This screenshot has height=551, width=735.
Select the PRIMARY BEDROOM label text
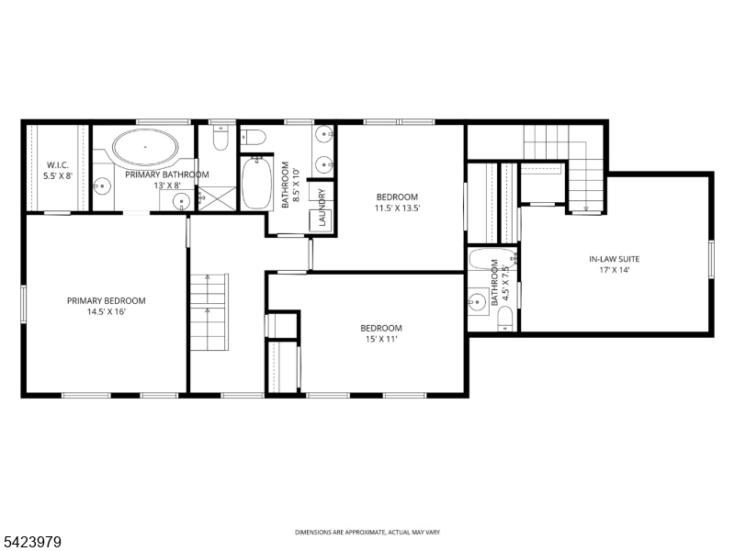(x=106, y=300)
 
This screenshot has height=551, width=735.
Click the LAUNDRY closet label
(x=322, y=207)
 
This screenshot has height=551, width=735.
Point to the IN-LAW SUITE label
(x=616, y=259)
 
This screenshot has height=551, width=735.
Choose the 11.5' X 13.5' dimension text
(x=397, y=208)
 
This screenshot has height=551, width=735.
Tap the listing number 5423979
(x=32, y=543)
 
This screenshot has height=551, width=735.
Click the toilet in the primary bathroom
(x=220, y=139)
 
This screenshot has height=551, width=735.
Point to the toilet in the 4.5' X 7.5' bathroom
(x=504, y=319)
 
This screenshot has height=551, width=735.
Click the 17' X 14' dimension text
(x=616, y=270)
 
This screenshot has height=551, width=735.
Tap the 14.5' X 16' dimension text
(x=106, y=311)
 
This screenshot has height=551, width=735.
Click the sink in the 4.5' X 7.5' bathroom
(x=477, y=299)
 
